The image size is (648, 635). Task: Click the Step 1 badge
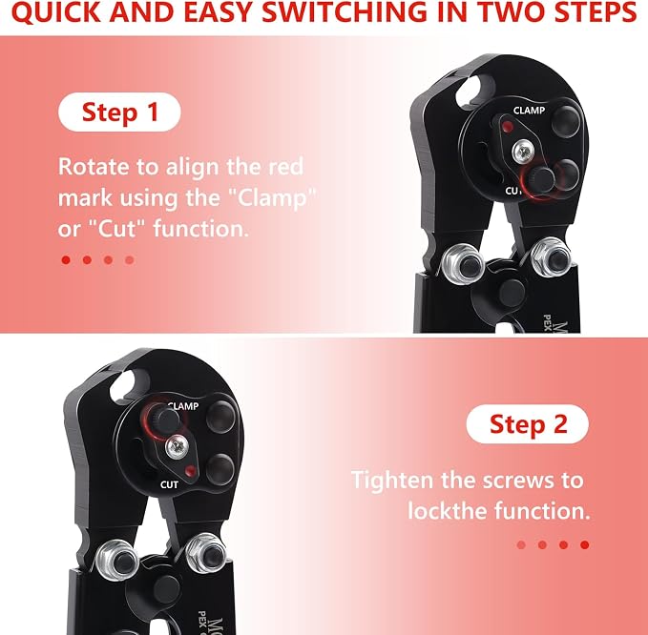(119, 112)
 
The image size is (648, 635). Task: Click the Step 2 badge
(528, 424)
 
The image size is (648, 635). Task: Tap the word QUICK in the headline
(56, 12)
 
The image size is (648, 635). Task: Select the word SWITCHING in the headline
(345, 12)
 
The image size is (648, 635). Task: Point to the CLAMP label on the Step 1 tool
(529, 111)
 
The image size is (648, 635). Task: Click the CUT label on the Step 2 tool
(169, 484)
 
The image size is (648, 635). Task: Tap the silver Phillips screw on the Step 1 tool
(524, 152)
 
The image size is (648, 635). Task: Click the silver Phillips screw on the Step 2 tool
(178, 447)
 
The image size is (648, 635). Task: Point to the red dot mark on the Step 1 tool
(507, 127)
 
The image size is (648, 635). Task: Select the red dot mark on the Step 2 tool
(191, 471)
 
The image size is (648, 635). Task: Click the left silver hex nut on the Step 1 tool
(462, 264)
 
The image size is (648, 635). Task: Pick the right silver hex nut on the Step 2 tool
(205, 553)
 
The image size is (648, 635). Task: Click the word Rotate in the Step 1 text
(94, 167)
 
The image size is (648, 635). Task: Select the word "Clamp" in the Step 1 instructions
(272, 197)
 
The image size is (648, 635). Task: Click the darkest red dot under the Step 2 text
(584, 544)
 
